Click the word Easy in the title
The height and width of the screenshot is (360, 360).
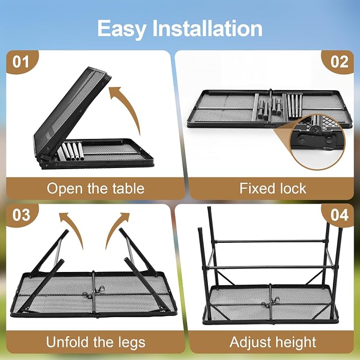[122, 29]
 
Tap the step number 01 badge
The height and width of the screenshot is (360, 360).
[21, 62]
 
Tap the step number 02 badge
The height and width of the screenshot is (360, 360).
[339, 62]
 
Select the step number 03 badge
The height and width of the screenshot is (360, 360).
[21, 215]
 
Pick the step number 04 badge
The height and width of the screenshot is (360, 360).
[339, 215]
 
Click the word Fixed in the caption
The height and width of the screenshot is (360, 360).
[254, 188]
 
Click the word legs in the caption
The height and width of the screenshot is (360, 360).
[132, 343]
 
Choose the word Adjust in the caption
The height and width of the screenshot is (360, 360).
[250, 343]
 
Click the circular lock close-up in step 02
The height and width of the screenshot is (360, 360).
[318, 142]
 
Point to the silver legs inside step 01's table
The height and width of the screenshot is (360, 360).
[71, 152]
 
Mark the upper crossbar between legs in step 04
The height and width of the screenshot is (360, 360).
[270, 242]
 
